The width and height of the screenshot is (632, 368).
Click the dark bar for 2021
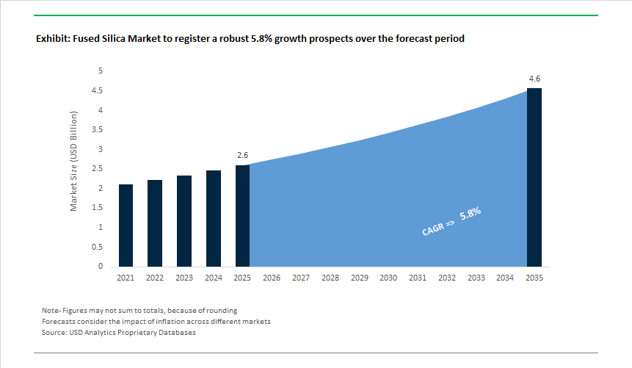point(126,226)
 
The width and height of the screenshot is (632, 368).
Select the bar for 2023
point(184,221)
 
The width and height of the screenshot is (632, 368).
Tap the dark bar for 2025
point(242,216)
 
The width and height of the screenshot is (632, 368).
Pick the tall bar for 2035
point(534,177)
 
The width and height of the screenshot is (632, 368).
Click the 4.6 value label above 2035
point(534,79)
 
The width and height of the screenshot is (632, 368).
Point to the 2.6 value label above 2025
point(242,156)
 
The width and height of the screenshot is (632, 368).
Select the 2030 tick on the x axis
point(388,278)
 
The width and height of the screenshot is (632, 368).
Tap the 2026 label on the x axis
point(272,278)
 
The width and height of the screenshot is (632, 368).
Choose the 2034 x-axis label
point(505,278)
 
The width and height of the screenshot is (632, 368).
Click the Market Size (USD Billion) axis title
point(74,162)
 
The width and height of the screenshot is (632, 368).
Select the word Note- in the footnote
point(53,311)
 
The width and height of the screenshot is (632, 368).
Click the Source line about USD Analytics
point(118,333)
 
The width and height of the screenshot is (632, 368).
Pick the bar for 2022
point(155,223)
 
